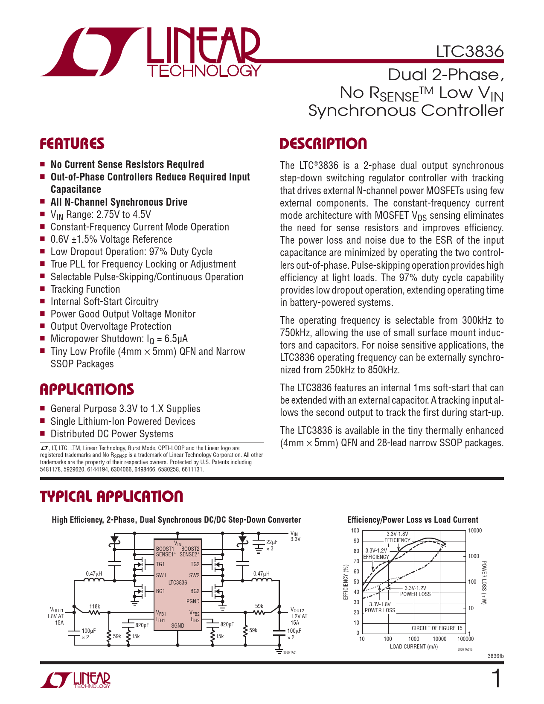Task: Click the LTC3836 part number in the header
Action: (469, 52)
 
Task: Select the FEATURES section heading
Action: (72, 144)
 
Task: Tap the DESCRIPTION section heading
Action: (323, 144)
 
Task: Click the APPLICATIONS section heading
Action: (87, 389)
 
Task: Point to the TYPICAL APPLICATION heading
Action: (111, 496)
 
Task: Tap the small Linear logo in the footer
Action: (76, 680)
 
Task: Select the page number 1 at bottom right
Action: (496, 679)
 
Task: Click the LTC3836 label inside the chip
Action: (177, 582)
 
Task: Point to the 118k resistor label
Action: (95, 606)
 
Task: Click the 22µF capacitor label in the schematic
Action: (272, 542)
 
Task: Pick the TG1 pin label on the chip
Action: (160, 564)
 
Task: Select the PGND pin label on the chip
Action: (193, 601)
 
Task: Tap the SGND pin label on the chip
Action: (177, 625)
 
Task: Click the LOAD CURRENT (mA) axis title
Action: (413, 646)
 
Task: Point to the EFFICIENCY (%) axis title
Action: (346, 582)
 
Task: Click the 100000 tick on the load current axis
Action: (465, 639)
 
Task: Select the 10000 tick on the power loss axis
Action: (475, 531)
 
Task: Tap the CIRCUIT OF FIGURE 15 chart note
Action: (436, 628)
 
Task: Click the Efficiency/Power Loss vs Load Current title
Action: (413, 520)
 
